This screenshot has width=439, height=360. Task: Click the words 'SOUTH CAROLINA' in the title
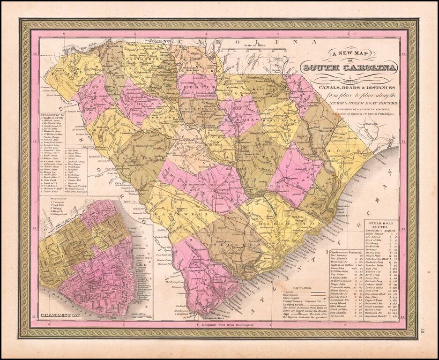(350, 68)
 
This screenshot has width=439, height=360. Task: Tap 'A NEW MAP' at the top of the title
(349, 54)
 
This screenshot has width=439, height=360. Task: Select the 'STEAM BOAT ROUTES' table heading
(381, 224)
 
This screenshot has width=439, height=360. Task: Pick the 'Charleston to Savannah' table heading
(346, 252)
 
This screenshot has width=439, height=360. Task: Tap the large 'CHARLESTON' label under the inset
(59, 315)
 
